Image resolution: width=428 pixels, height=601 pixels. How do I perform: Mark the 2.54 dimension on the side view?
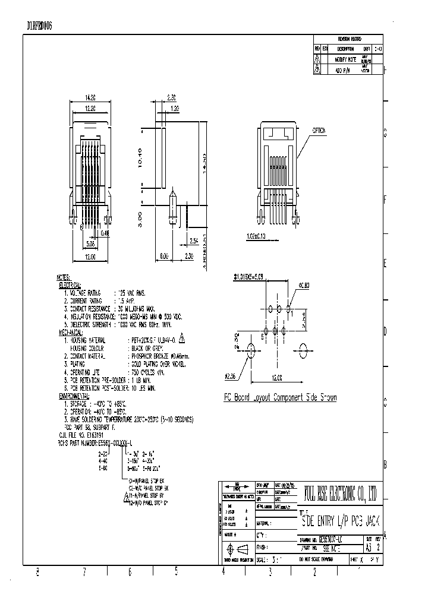click(194, 241)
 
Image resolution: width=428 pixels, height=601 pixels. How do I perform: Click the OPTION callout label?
click(319, 131)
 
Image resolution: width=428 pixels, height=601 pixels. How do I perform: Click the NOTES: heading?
click(64, 278)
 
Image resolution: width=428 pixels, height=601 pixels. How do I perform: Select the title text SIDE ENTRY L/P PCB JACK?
click(341, 521)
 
